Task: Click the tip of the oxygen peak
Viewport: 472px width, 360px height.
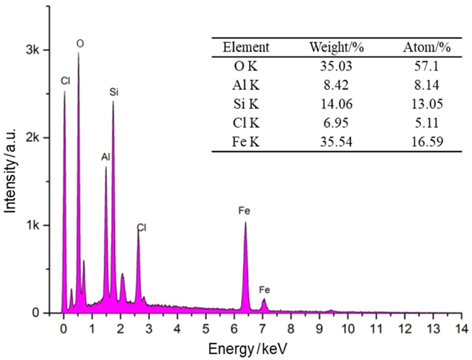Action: pyautogui.click(x=78, y=54)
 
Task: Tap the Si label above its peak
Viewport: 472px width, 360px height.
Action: pyautogui.click(x=114, y=93)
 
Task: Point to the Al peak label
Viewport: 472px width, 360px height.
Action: pyautogui.click(x=106, y=158)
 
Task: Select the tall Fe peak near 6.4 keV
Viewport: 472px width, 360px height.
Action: pyautogui.click(x=245, y=223)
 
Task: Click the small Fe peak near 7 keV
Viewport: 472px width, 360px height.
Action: pyautogui.click(x=264, y=300)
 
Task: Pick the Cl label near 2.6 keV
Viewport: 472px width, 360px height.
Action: pyautogui.click(x=142, y=227)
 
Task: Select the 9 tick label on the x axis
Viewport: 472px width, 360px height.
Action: pyautogui.click(x=319, y=327)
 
